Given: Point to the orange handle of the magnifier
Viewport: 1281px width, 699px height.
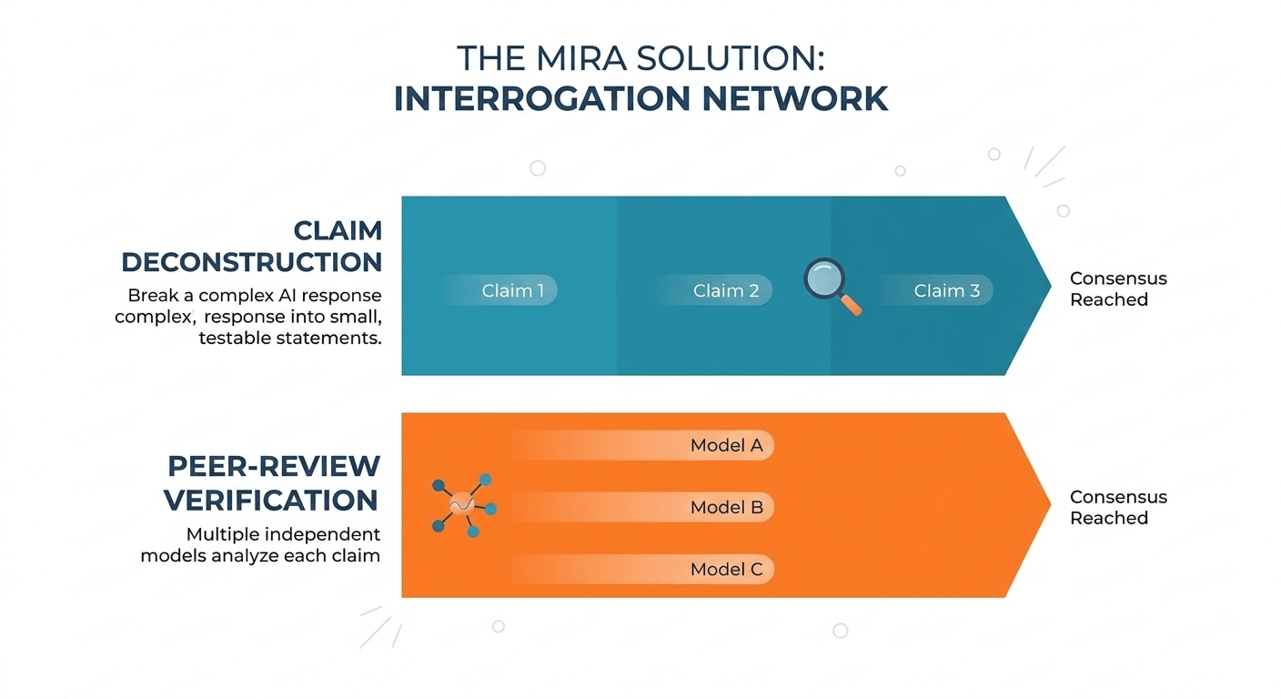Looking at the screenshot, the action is click(852, 305).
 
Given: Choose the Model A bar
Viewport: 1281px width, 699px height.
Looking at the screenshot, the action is click(642, 445).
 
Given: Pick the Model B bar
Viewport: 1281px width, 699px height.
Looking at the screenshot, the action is click(642, 507).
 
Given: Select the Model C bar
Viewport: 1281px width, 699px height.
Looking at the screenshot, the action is click(642, 569).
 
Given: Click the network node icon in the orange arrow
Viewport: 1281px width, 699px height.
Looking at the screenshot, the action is click(464, 506).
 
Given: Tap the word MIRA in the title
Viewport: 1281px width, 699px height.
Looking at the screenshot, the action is click(581, 58).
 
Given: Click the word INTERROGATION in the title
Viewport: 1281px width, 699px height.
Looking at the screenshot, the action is click(542, 98).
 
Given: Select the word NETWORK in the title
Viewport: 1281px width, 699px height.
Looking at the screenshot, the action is click(795, 98).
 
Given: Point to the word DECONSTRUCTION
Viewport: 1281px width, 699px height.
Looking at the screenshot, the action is click(252, 262).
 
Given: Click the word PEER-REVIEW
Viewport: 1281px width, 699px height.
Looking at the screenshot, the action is click(273, 466).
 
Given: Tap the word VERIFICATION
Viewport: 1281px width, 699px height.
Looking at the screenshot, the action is click(271, 500).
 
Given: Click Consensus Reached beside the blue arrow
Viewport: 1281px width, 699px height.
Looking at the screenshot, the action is click(1118, 289).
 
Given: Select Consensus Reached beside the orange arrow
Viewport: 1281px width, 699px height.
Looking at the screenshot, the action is click(1118, 507).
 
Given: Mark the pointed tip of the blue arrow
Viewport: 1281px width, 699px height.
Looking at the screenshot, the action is click(1051, 285).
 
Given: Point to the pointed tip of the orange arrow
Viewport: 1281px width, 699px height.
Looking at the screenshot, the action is click(1051, 504).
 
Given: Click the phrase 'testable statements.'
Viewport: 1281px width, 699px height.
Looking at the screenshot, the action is click(290, 338).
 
